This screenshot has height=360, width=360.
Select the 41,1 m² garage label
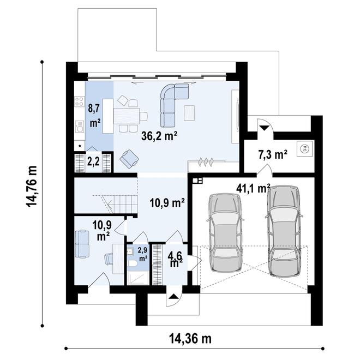[x=253, y=188]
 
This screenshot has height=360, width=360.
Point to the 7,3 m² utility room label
[x=273, y=155]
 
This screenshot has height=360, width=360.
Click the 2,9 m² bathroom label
[x=142, y=254]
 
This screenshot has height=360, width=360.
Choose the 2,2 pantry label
[x=93, y=162]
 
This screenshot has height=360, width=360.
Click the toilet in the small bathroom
[x=133, y=264]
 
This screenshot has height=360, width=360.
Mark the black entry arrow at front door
[x=173, y=297]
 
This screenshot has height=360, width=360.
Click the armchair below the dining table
[x=129, y=158]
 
